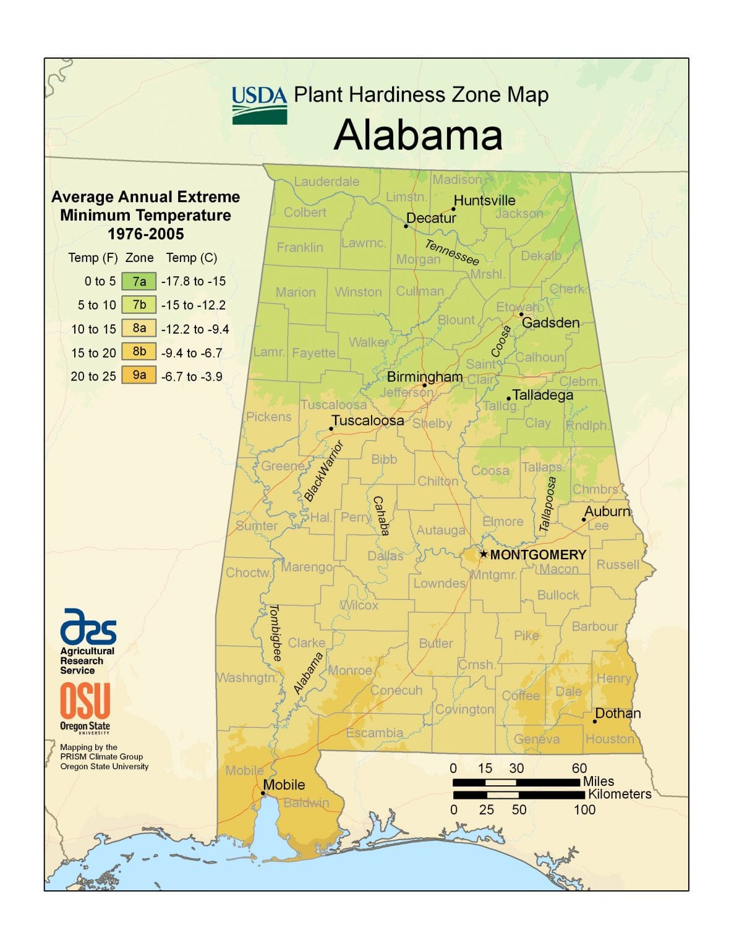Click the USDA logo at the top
click(259, 105)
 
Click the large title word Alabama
click(418, 135)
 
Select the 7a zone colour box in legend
click(139, 282)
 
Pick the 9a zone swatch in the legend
click(139, 375)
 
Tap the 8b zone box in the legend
click(139, 352)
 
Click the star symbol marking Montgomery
click(484, 554)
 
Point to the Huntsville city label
click(484, 200)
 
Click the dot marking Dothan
click(595, 721)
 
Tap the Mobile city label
click(284, 785)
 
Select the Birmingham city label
click(425, 376)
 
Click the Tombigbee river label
click(275, 633)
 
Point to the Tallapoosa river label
click(547, 504)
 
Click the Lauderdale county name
click(326, 182)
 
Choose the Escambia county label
click(374, 733)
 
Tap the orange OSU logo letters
click(85, 701)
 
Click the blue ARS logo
click(88, 626)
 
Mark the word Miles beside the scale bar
click(598, 782)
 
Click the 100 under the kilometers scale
click(584, 809)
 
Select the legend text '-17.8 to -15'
click(194, 282)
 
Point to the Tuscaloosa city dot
click(331, 428)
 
